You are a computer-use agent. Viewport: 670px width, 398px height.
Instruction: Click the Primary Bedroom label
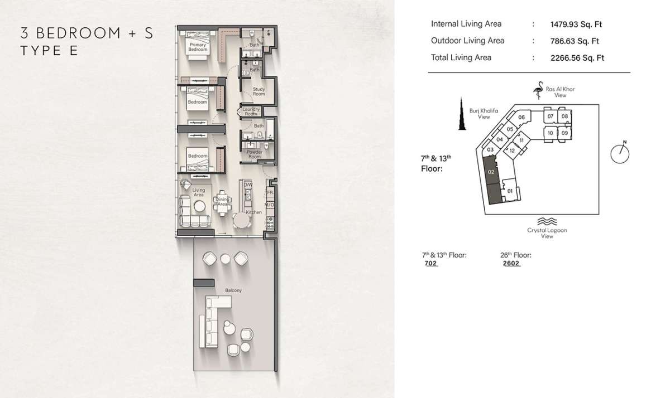[x=198, y=47]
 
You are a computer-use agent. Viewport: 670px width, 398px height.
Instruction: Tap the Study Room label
[x=259, y=91]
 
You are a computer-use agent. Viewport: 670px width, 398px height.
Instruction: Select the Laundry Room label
[x=251, y=111]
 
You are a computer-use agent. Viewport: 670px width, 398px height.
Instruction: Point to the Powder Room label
[x=255, y=154]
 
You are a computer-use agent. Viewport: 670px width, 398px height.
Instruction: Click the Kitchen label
[x=253, y=212]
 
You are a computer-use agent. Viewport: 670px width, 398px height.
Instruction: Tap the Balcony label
[x=233, y=290]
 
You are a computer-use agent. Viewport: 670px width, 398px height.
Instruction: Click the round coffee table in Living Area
[x=199, y=206]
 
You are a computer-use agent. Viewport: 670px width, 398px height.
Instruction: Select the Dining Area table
[x=222, y=203]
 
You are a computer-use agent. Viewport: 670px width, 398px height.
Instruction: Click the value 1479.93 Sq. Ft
[x=576, y=25]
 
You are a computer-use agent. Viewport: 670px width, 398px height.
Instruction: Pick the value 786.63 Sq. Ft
[x=575, y=41]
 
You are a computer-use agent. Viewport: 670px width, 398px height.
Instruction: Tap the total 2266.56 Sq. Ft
[x=577, y=58]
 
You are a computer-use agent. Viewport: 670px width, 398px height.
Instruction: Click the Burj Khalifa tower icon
[x=462, y=114]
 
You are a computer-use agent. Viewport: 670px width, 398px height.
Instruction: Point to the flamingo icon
[x=539, y=90]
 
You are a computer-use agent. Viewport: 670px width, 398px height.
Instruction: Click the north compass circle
[x=620, y=154]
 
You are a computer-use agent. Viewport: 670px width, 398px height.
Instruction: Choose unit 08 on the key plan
[x=564, y=116]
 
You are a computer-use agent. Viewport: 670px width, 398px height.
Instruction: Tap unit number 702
[x=430, y=263]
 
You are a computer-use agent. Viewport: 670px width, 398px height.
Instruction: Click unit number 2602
[x=511, y=263]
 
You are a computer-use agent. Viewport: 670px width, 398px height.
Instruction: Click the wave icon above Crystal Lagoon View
[x=547, y=221]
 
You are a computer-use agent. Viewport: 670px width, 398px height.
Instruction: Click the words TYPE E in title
[x=49, y=51]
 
